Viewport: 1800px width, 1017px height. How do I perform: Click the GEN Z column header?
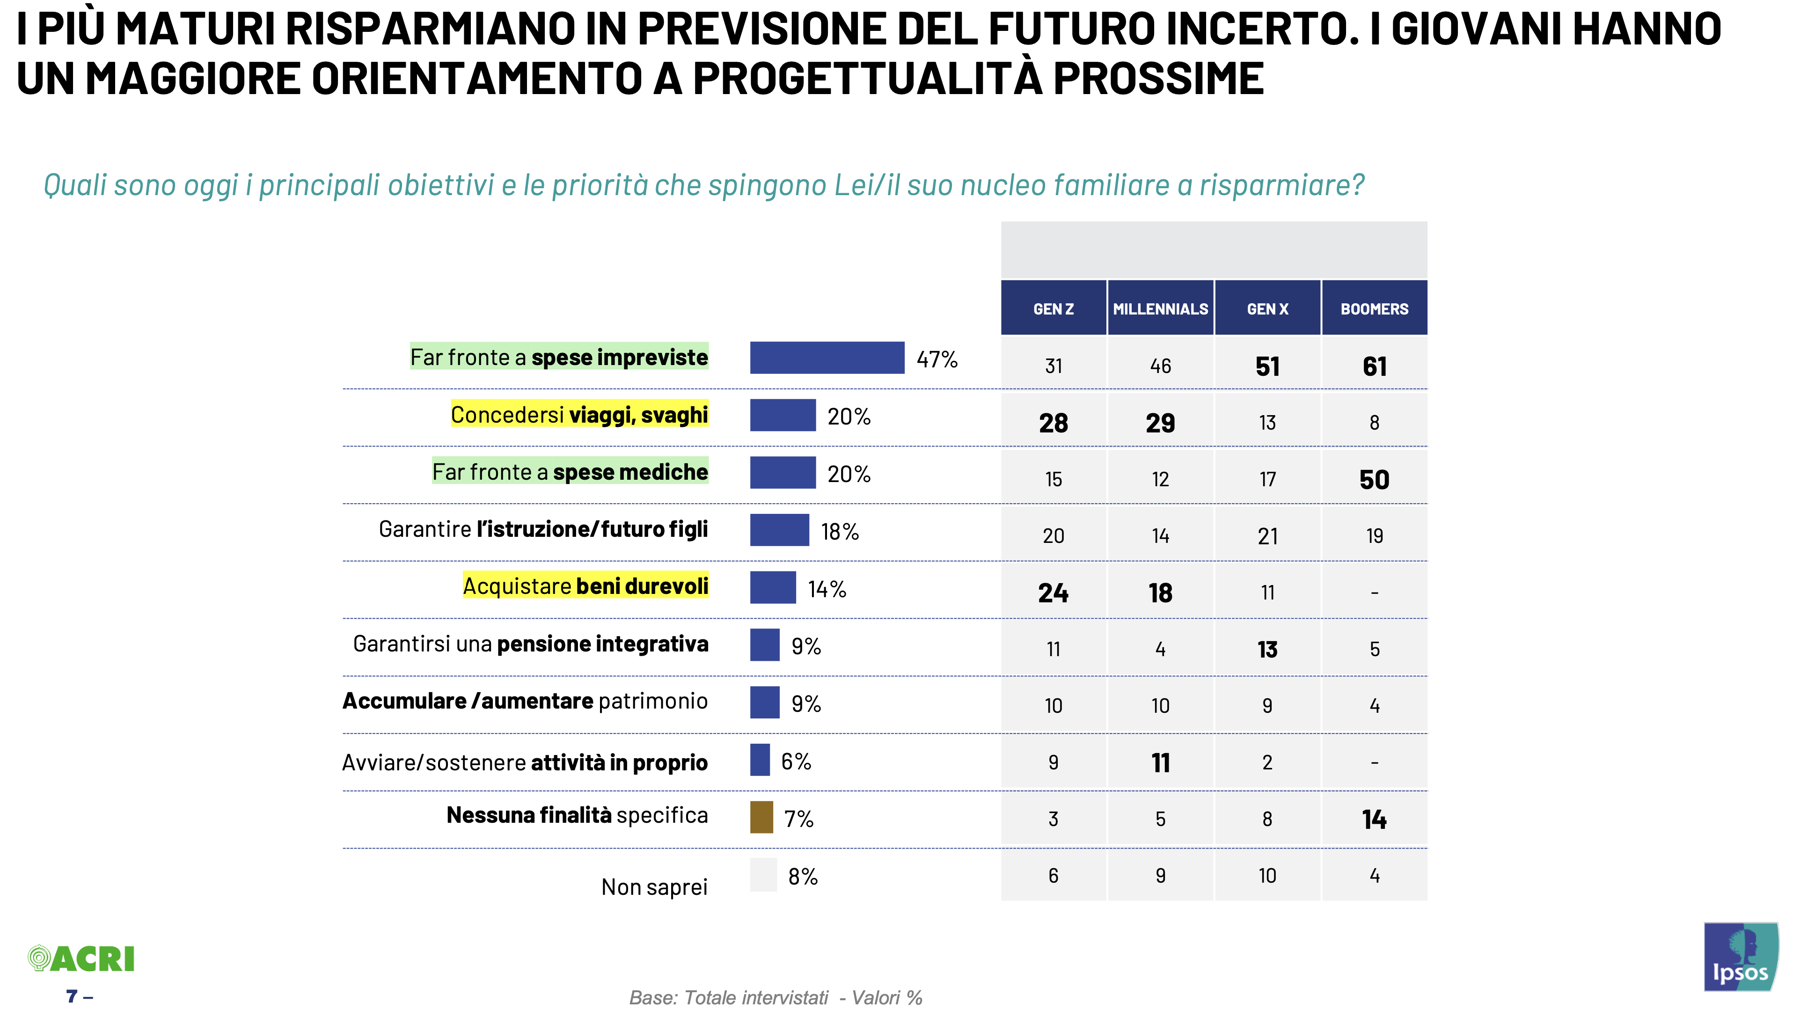point(1053,308)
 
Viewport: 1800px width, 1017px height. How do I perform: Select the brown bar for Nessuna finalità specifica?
point(761,817)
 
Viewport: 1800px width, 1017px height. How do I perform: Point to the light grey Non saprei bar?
point(763,874)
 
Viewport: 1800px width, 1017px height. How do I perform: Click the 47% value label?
point(937,359)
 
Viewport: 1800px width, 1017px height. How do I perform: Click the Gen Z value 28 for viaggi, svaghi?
point(1053,423)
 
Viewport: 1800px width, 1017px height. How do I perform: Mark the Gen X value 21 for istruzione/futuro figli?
point(1267,536)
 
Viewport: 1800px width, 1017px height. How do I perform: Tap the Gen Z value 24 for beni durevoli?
point(1053,593)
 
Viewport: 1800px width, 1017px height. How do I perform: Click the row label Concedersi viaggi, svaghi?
point(579,415)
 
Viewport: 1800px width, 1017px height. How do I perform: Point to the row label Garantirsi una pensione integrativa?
point(530,644)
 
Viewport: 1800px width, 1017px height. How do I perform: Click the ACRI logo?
point(81,958)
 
